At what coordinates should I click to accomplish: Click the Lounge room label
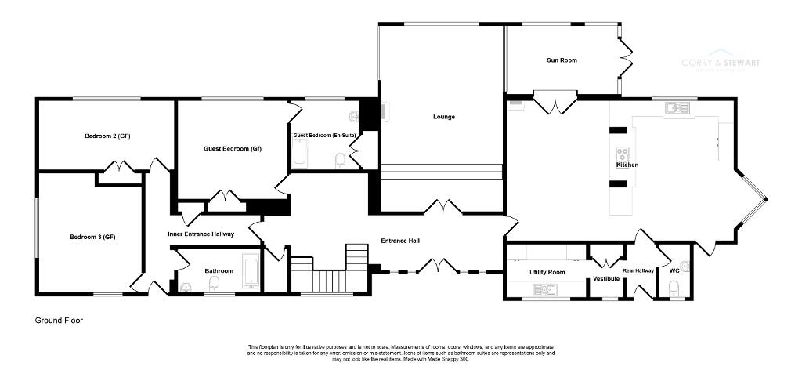point(443,117)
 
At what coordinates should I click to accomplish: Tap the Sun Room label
point(562,60)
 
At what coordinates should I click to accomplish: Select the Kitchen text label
point(627,165)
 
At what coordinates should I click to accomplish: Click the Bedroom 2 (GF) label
point(107,136)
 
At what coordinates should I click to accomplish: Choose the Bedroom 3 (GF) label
point(92,238)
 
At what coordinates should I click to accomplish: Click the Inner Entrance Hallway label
point(200,234)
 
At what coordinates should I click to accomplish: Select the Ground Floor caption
point(59,321)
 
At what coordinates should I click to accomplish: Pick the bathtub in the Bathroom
point(251,271)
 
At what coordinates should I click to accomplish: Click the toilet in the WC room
point(674,288)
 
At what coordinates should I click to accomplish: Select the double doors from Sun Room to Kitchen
point(555,101)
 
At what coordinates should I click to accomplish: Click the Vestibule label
point(605,278)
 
